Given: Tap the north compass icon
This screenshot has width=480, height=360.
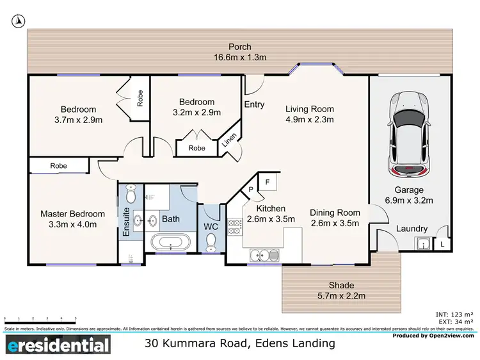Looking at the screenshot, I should click(19, 21).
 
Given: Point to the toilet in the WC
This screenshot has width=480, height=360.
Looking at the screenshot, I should click(211, 240).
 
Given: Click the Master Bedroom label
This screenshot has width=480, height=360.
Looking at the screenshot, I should click(72, 214).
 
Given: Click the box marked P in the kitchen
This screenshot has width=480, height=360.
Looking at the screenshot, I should click(251, 190).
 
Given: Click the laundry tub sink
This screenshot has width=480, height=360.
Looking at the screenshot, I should click(424, 243).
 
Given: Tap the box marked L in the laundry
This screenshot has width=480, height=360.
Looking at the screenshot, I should click(442, 244).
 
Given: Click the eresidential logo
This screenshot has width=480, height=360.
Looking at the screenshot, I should click(59, 347).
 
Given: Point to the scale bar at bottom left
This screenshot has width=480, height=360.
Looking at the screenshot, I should click(40, 319).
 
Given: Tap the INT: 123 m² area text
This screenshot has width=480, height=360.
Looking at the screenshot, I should click(455, 314).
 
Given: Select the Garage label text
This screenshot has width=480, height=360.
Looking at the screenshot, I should click(409, 190).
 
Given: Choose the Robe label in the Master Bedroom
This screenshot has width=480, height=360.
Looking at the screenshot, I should click(59, 166).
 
